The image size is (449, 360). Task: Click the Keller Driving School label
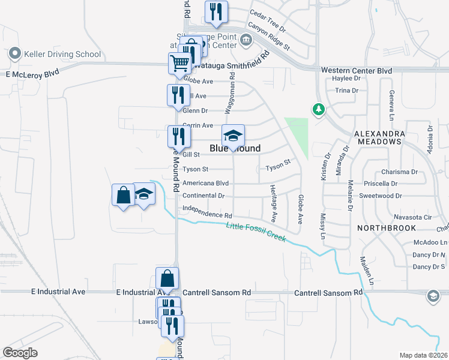(x=62, y=54)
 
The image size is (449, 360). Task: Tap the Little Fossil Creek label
(x=256, y=233)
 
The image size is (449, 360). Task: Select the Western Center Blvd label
(x=356, y=71)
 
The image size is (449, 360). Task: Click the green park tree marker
(x=318, y=110)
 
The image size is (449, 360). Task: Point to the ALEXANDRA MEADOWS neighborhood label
(x=378, y=137)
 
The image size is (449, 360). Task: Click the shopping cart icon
(x=179, y=62)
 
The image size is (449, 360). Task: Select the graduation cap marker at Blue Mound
(x=234, y=135)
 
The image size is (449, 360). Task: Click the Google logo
(x=20, y=352)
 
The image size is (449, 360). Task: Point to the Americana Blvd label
(x=206, y=183)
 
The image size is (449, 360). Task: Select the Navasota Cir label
(x=413, y=217)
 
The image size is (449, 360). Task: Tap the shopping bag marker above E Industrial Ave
(x=167, y=278)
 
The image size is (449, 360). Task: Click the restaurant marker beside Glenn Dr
(x=178, y=95)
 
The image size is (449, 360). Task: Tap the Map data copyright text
(x=423, y=355)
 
